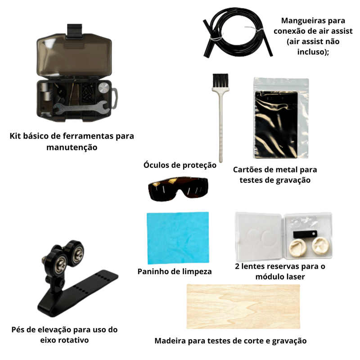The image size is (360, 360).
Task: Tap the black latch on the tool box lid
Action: (x=74, y=30)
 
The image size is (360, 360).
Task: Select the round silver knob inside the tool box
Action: (x=104, y=88)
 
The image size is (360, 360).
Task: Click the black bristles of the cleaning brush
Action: (x=220, y=81)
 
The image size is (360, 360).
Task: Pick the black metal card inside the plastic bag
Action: (x=276, y=124)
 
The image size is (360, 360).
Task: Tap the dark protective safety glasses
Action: (x=178, y=189)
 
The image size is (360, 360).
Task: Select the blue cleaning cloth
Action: (x=178, y=238)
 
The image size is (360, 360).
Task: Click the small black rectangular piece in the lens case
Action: (x=305, y=234)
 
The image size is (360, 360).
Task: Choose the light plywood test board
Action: (x=243, y=306)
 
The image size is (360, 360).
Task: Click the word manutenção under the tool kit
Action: (x=72, y=147)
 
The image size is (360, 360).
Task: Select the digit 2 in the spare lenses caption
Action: (x=237, y=266)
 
